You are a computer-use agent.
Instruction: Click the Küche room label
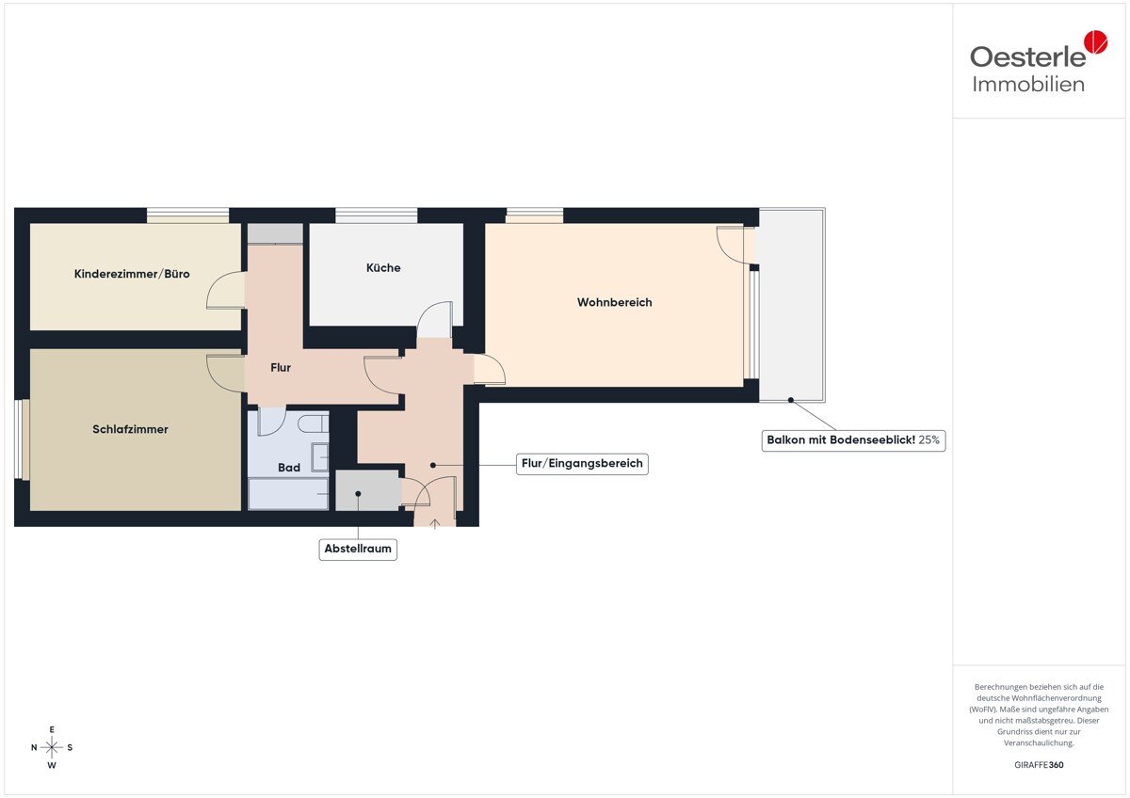pyautogui.click(x=383, y=267)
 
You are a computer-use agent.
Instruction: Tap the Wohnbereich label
pyautogui.click(x=614, y=302)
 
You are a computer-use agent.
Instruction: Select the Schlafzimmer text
pyautogui.click(x=130, y=429)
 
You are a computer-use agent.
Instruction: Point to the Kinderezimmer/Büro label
pyautogui.click(x=132, y=274)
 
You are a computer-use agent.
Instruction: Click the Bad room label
pyautogui.click(x=289, y=468)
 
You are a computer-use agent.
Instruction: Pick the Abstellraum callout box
pyautogui.click(x=358, y=549)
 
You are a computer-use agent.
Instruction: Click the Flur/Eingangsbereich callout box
pyautogui.click(x=582, y=464)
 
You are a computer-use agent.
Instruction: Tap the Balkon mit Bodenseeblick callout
pyautogui.click(x=853, y=440)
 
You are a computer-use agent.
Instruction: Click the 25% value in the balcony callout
pyautogui.click(x=928, y=440)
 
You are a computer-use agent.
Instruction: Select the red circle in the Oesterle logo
pyautogui.click(x=1096, y=41)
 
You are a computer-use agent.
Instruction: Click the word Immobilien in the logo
pyautogui.click(x=1028, y=85)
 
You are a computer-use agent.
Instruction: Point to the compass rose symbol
pyautogui.click(x=52, y=747)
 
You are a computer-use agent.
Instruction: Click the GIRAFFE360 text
pyautogui.click(x=1039, y=765)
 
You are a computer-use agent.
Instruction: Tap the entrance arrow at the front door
pyautogui.click(x=435, y=524)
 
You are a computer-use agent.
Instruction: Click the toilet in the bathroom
pyautogui.click(x=314, y=424)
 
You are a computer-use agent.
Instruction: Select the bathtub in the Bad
pyautogui.click(x=288, y=494)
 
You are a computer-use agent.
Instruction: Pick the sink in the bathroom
pyautogui.click(x=320, y=457)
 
